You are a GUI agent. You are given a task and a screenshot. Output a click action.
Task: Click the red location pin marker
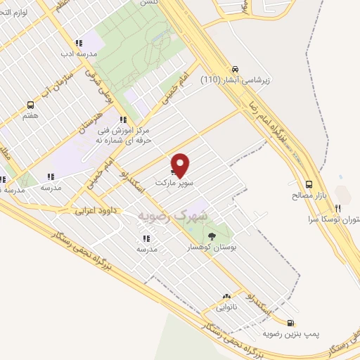[181, 165]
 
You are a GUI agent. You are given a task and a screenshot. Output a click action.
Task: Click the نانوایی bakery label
[226, 307]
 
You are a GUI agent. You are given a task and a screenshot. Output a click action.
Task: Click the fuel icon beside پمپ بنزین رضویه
[309, 323]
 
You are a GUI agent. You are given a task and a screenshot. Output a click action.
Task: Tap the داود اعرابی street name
[96, 210]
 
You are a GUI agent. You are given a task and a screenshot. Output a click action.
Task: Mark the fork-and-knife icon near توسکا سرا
[337, 208]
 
